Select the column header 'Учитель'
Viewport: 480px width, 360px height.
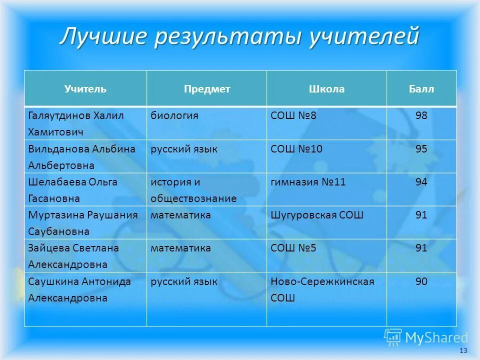85,89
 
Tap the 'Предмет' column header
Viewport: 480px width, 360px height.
206,89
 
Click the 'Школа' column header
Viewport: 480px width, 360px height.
326,89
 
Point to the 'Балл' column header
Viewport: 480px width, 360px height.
421,89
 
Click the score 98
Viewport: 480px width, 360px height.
421,115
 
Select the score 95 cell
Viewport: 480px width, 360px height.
421,149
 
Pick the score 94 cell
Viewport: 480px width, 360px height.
421,182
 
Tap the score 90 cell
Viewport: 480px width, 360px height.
421,281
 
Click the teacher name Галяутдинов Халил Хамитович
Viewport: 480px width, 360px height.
76,123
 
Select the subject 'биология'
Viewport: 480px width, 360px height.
175,115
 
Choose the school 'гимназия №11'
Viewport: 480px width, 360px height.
308,182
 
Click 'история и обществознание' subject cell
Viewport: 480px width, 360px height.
193,190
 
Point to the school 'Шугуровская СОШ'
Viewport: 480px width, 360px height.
317,215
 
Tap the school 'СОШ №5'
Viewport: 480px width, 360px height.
293,248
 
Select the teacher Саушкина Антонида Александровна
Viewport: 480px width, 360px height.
79,289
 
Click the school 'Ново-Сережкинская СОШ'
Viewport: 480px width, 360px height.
322,289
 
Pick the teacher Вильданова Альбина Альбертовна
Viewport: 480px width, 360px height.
81,157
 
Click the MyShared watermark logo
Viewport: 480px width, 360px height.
426,338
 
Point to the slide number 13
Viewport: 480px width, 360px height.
462,350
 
